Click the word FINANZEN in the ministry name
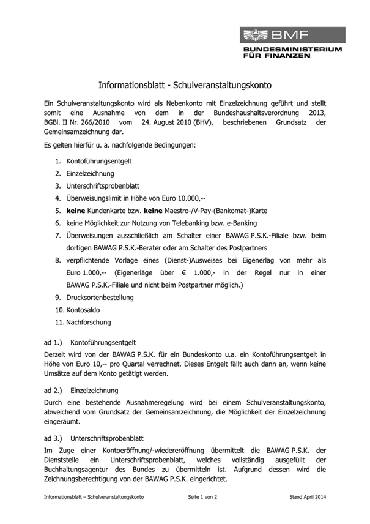(286, 55)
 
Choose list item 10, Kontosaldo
(84, 310)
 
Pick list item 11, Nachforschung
(88, 322)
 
